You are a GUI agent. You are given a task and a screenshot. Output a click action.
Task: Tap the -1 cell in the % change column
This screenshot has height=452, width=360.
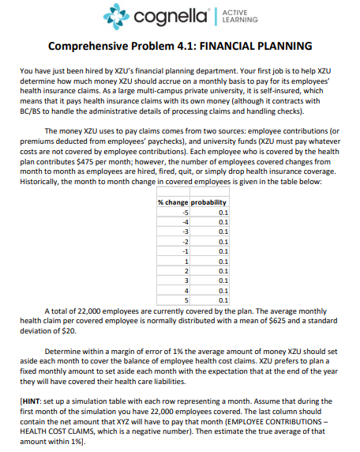[186, 251]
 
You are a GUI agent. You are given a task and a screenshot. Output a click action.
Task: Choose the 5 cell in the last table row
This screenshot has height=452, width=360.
[187, 299]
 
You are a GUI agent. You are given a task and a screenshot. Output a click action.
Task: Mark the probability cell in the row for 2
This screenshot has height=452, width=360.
[222, 270]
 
